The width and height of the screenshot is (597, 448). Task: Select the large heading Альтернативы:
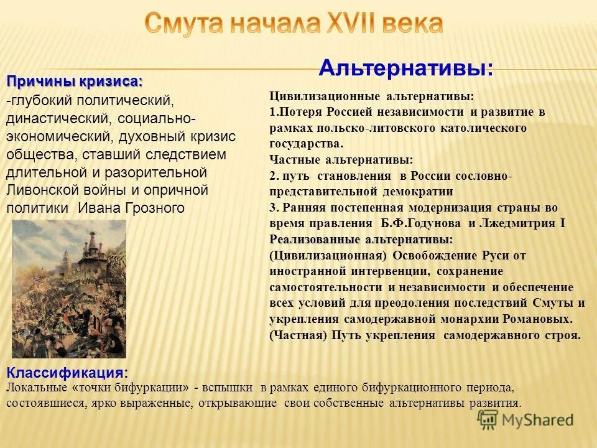405,67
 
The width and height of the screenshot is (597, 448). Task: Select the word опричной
177,190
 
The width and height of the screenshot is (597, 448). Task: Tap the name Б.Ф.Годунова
418,223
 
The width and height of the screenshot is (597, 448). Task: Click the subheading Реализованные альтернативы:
361,239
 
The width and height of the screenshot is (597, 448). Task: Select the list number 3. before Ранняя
274,207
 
